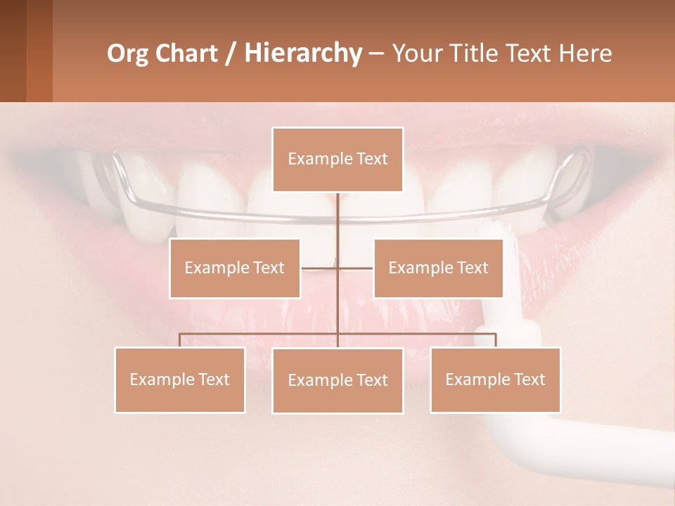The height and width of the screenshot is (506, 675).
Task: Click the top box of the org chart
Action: pos(337,160)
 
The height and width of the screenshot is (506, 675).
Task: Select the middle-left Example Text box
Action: pos(234,268)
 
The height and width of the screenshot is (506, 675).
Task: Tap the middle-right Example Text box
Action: pos(438,268)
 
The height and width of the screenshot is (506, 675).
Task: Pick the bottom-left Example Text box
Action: pos(179,379)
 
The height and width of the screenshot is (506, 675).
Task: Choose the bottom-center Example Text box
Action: pos(337,380)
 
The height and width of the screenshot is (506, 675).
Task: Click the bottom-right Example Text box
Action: pos(495,379)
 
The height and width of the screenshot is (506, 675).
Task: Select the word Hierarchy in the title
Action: pos(302,53)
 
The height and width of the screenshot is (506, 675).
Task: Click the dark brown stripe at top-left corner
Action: pos(13,51)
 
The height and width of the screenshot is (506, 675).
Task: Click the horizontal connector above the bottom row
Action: pos(260,334)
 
